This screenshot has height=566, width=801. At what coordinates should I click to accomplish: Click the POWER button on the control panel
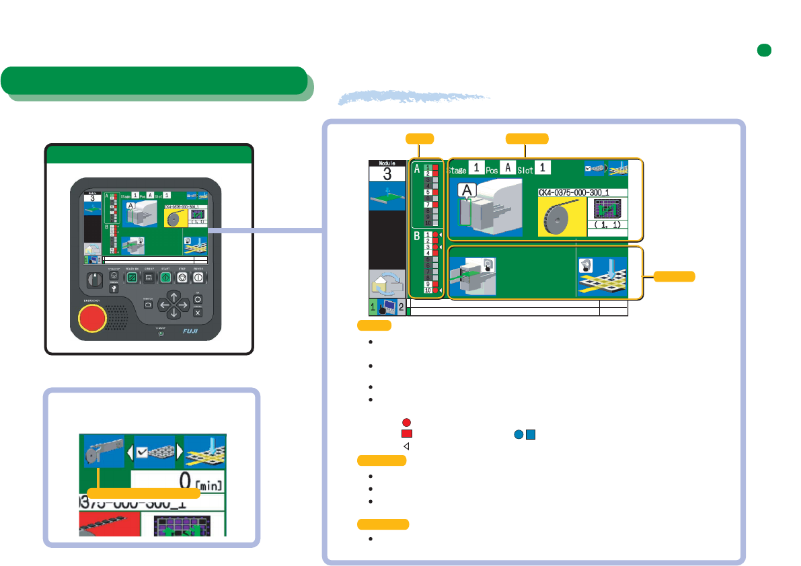[x=198, y=277]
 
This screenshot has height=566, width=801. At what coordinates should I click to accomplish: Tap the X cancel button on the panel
[x=198, y=313]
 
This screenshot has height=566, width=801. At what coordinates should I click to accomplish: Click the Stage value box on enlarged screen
[x=475, y=167]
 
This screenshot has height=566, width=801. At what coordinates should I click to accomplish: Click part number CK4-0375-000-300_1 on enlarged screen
[x=582, y=192]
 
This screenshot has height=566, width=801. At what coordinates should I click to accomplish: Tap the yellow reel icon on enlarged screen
[x=562, y=216]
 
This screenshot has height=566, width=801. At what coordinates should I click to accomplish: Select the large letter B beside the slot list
[x=417, y=237]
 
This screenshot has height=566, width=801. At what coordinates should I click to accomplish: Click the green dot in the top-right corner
[x=763, y=50]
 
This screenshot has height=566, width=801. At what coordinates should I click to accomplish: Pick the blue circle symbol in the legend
[x=518, y=434]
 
